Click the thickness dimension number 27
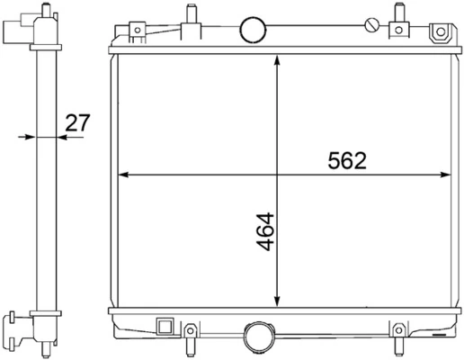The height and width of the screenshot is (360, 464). [77, 122]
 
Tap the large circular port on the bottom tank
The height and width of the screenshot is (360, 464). [260, 337]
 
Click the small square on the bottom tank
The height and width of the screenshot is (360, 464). [164, 325]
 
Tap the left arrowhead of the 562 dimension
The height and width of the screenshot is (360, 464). [123, 175]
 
